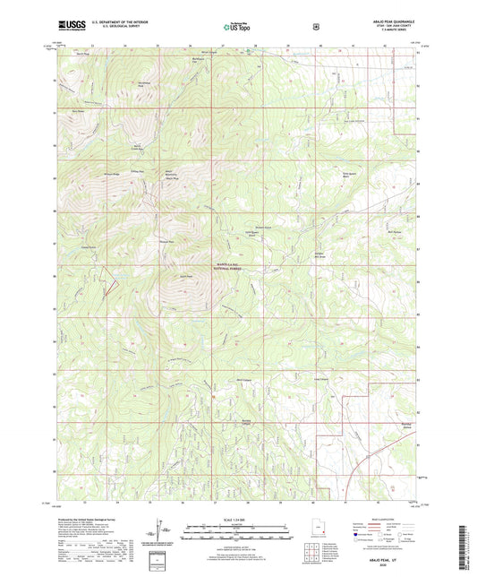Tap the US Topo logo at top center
[x=238, y=27]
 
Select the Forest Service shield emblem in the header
[x=315, y=27]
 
